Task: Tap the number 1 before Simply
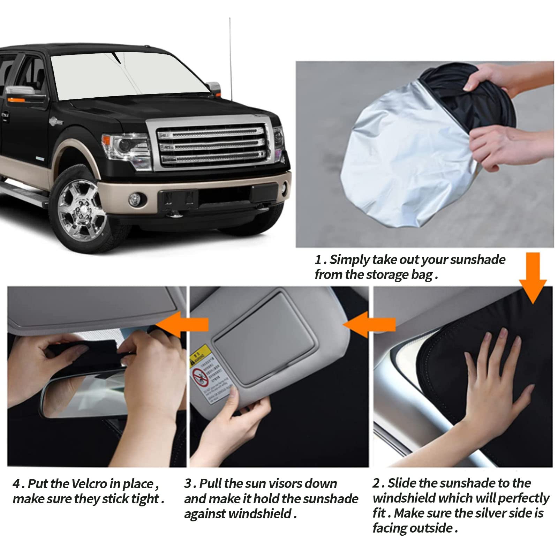[318, 260]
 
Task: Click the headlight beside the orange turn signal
[127, 146]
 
